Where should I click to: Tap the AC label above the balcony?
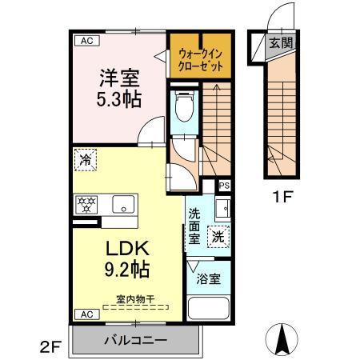click(82, 314)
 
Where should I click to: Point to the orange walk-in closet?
click(199, 57)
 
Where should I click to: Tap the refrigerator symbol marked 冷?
click(85, 159)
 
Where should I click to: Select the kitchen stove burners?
click(86, 204)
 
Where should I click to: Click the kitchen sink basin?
click(124, 202)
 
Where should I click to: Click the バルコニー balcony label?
click(134, 341)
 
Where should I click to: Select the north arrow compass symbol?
click(282, 338)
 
